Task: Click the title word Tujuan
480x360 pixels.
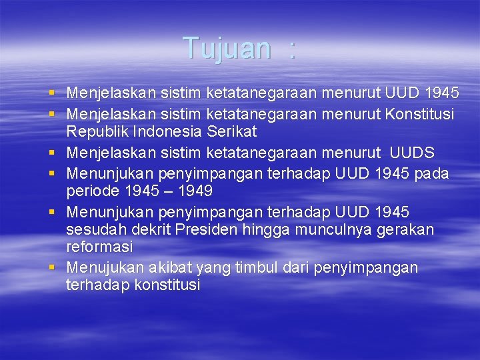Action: pos(227,49)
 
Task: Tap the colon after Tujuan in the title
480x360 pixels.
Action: pos(291,49)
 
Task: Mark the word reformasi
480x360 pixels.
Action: pos(99,247)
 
